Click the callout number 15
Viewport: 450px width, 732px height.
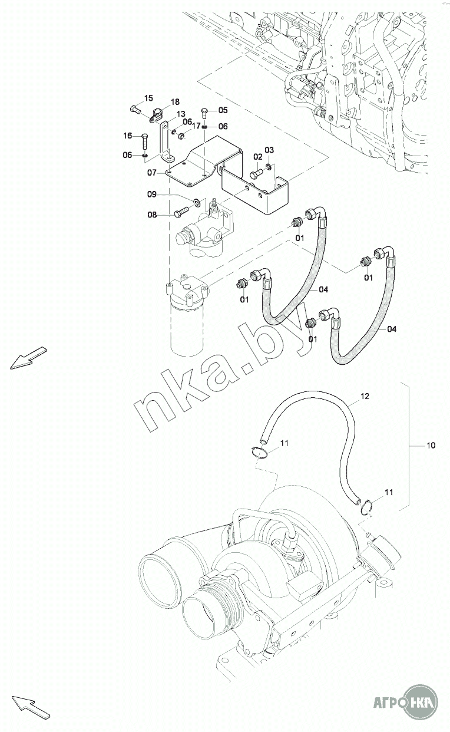pos(148,98)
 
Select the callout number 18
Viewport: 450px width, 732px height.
pos(175,102)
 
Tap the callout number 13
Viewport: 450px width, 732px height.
pos(181,114)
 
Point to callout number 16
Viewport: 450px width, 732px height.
pos(128,136)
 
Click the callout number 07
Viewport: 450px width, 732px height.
pos(152,173)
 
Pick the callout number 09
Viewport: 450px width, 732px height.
pos(152,194)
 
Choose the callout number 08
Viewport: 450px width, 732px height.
pos(152,215)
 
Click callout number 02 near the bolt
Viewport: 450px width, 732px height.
pos(258,157)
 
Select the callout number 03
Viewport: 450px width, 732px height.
pos(269,150)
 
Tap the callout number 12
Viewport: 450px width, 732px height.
pos(365,396)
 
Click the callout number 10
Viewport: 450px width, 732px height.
pos(431,445)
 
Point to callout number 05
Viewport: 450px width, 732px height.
pos(223,110)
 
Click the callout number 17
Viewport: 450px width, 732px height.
pos(196,126)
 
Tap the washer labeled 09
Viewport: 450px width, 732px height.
pos(197,202)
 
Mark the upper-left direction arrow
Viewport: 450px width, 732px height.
pos(28,358)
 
